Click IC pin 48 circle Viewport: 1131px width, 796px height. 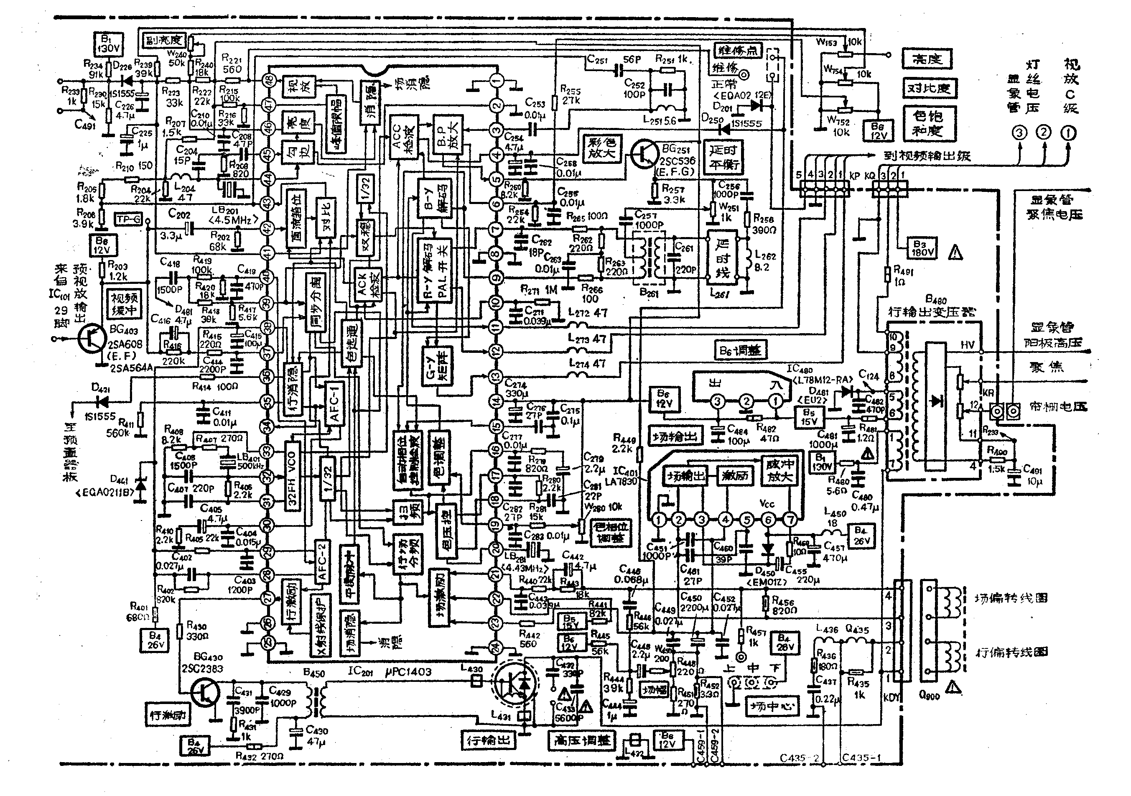click(268, 82)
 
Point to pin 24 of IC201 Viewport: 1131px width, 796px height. click(496, 647)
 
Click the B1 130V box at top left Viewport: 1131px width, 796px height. click(108, 44)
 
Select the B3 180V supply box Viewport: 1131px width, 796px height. click(922, 248)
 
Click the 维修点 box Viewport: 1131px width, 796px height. click(737, 50)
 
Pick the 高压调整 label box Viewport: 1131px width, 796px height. click(582, 740)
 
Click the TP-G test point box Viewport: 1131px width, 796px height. click(129, 219)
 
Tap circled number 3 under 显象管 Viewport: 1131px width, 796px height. click(1019, 133)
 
